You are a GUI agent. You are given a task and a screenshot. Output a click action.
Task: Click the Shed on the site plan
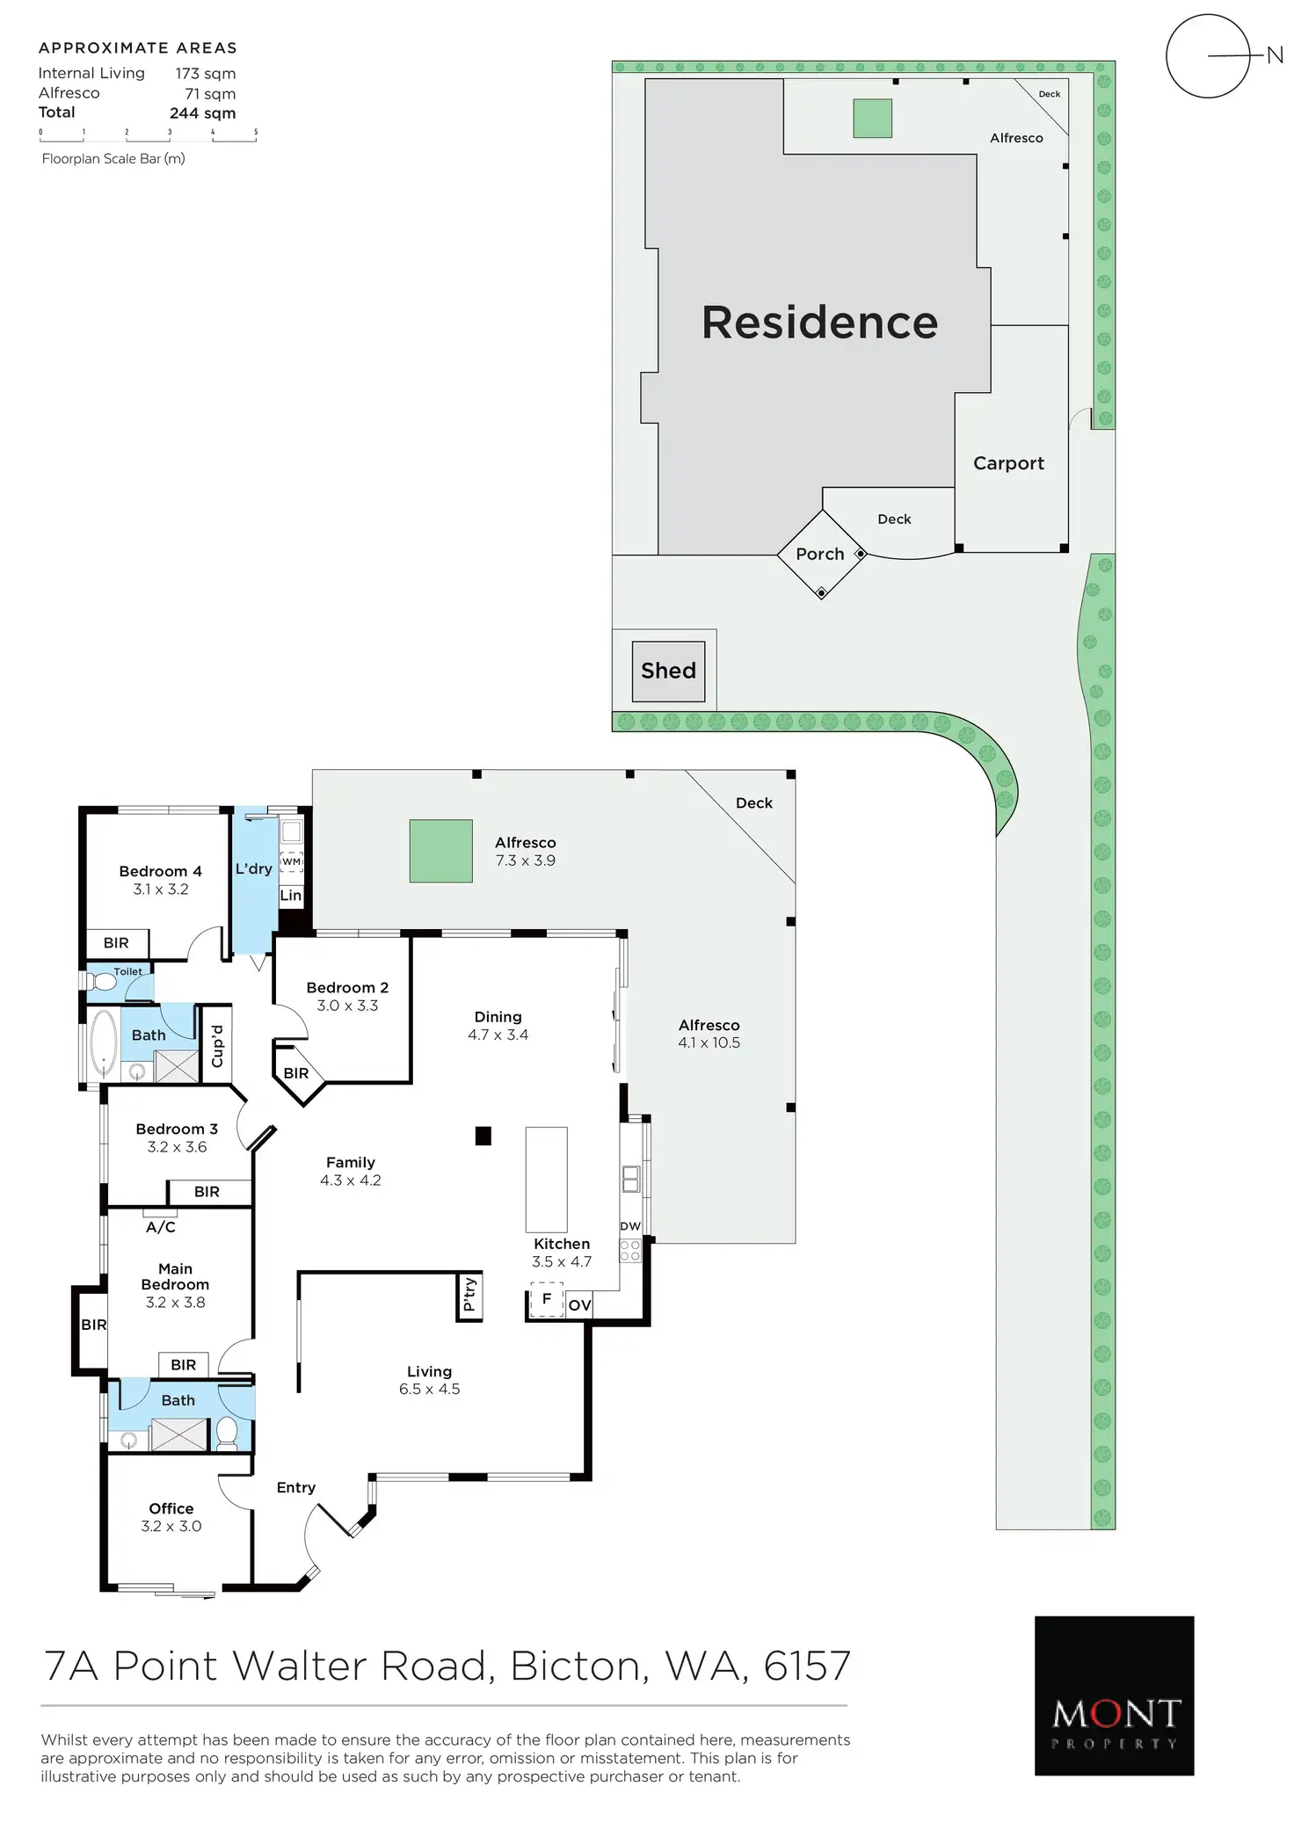tap(668, 672)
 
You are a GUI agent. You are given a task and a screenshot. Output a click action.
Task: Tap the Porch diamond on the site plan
tap(820, 555)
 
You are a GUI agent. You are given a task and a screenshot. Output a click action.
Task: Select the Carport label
tap(1008, 463)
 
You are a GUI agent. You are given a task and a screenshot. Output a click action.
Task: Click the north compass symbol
tap(1208, 56)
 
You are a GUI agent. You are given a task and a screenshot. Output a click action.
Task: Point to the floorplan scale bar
tap(148, 135)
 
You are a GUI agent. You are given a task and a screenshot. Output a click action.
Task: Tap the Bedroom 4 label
tap(160, 871)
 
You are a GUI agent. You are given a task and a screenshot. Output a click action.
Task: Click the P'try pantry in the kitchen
tap(469, 1295)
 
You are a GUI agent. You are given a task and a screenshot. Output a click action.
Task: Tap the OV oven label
tap(579, 1305)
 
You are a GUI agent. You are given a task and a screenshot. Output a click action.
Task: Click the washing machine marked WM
tap(291, 861)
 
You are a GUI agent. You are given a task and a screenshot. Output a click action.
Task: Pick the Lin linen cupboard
tap(290, 896)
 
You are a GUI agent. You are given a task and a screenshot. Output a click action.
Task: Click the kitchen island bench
tap(546, 1180)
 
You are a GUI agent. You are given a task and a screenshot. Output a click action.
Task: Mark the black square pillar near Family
tap(483, 1136)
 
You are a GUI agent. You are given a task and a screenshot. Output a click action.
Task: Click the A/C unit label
tap(161, 1227)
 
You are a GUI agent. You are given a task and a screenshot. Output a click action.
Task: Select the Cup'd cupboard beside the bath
tap(217, 1046)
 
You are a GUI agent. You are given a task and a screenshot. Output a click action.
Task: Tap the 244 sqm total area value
tap(202, 113)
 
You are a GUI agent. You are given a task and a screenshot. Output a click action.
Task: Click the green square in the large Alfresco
tap(440, 851)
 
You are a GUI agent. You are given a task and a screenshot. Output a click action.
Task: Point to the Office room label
tap(171, 1508)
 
